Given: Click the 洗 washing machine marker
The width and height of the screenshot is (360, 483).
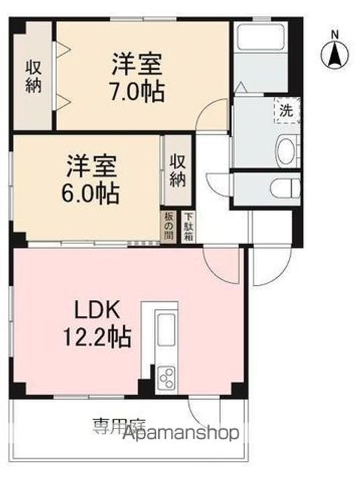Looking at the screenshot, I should pos(286,111).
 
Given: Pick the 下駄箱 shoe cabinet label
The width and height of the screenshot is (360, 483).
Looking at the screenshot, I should pos(189,227).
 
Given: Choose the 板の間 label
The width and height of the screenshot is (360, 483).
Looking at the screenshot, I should pos(168,227).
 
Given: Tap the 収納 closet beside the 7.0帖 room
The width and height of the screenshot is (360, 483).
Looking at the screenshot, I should pos(34,76).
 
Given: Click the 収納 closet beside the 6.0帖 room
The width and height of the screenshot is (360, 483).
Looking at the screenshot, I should pos(177,170).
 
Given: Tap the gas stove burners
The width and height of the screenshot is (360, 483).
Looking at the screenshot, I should pos(165,378).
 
